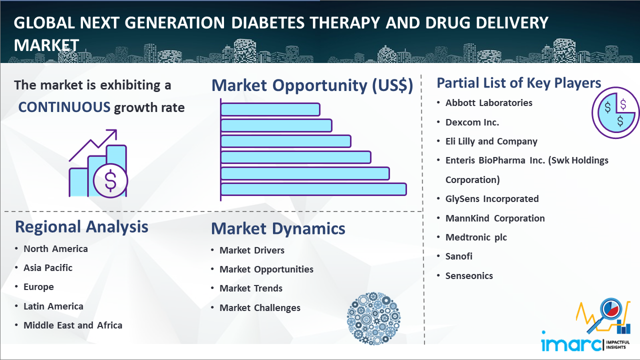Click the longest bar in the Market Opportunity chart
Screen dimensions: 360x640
(313, 189)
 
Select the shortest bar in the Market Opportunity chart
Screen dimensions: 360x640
(270, 109)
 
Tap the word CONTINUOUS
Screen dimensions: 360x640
(64, 107)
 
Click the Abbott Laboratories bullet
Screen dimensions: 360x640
(488, 103)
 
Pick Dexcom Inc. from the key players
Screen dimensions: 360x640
(472, 122)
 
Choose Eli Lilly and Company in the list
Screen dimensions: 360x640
(491, 141)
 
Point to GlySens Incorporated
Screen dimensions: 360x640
(492, 199)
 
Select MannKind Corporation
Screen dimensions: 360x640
(495, 218)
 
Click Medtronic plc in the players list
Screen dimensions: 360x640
(476, 237)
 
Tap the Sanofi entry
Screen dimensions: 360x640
(459, 256)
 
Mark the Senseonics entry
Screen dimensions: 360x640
(469, 276)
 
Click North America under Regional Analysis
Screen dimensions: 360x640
(55, 249)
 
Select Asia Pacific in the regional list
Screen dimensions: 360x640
(48, 268)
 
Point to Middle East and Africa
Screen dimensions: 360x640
(73, 325)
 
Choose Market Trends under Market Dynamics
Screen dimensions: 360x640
(251, 288)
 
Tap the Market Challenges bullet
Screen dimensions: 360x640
(260, 308)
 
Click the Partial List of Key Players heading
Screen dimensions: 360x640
(519, 83)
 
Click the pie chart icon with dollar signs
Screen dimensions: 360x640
(615, 113)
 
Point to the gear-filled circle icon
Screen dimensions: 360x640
(373, 318)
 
